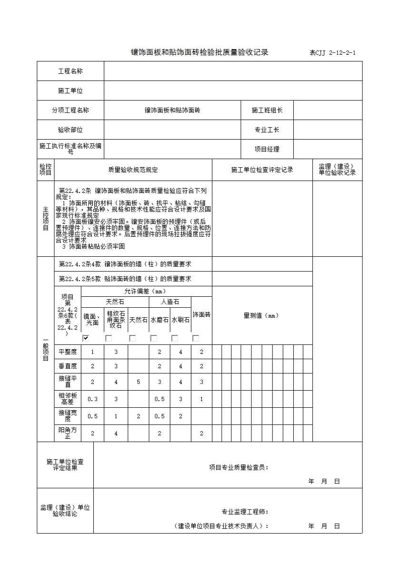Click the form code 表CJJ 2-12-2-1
(x=332, y=53)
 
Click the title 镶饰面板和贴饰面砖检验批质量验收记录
(x=199, y=52)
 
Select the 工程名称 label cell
(x=70, y=71)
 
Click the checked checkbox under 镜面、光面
(x=86, y=338)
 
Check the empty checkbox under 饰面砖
(x=195, y=338)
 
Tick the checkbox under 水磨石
(x=154, y=338)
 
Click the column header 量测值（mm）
(x=261, y=315)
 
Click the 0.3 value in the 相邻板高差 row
(x=92, y=399)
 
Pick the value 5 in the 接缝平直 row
(x=139, y=382)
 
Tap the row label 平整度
(x=68, y=352)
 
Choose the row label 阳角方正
(x=68, y=433)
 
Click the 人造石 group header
(x=170, y=302)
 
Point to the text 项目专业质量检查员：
(x=239, y=467)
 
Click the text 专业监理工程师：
(x=245, y=512)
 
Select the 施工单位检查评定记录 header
(x=262, y=170)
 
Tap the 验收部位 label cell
(x=70, y=130)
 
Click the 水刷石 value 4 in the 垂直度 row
(x=180, y=366)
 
